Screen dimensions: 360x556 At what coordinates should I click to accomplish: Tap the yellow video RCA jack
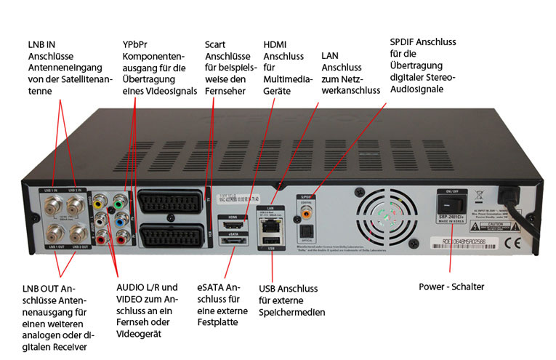click(x=99, y=206)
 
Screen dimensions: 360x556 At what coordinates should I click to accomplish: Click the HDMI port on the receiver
click(x=233, y=225)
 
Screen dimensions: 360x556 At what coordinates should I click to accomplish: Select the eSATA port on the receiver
click(x=232, y=244)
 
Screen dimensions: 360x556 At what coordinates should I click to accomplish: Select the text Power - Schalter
click(x=451, y=287)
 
